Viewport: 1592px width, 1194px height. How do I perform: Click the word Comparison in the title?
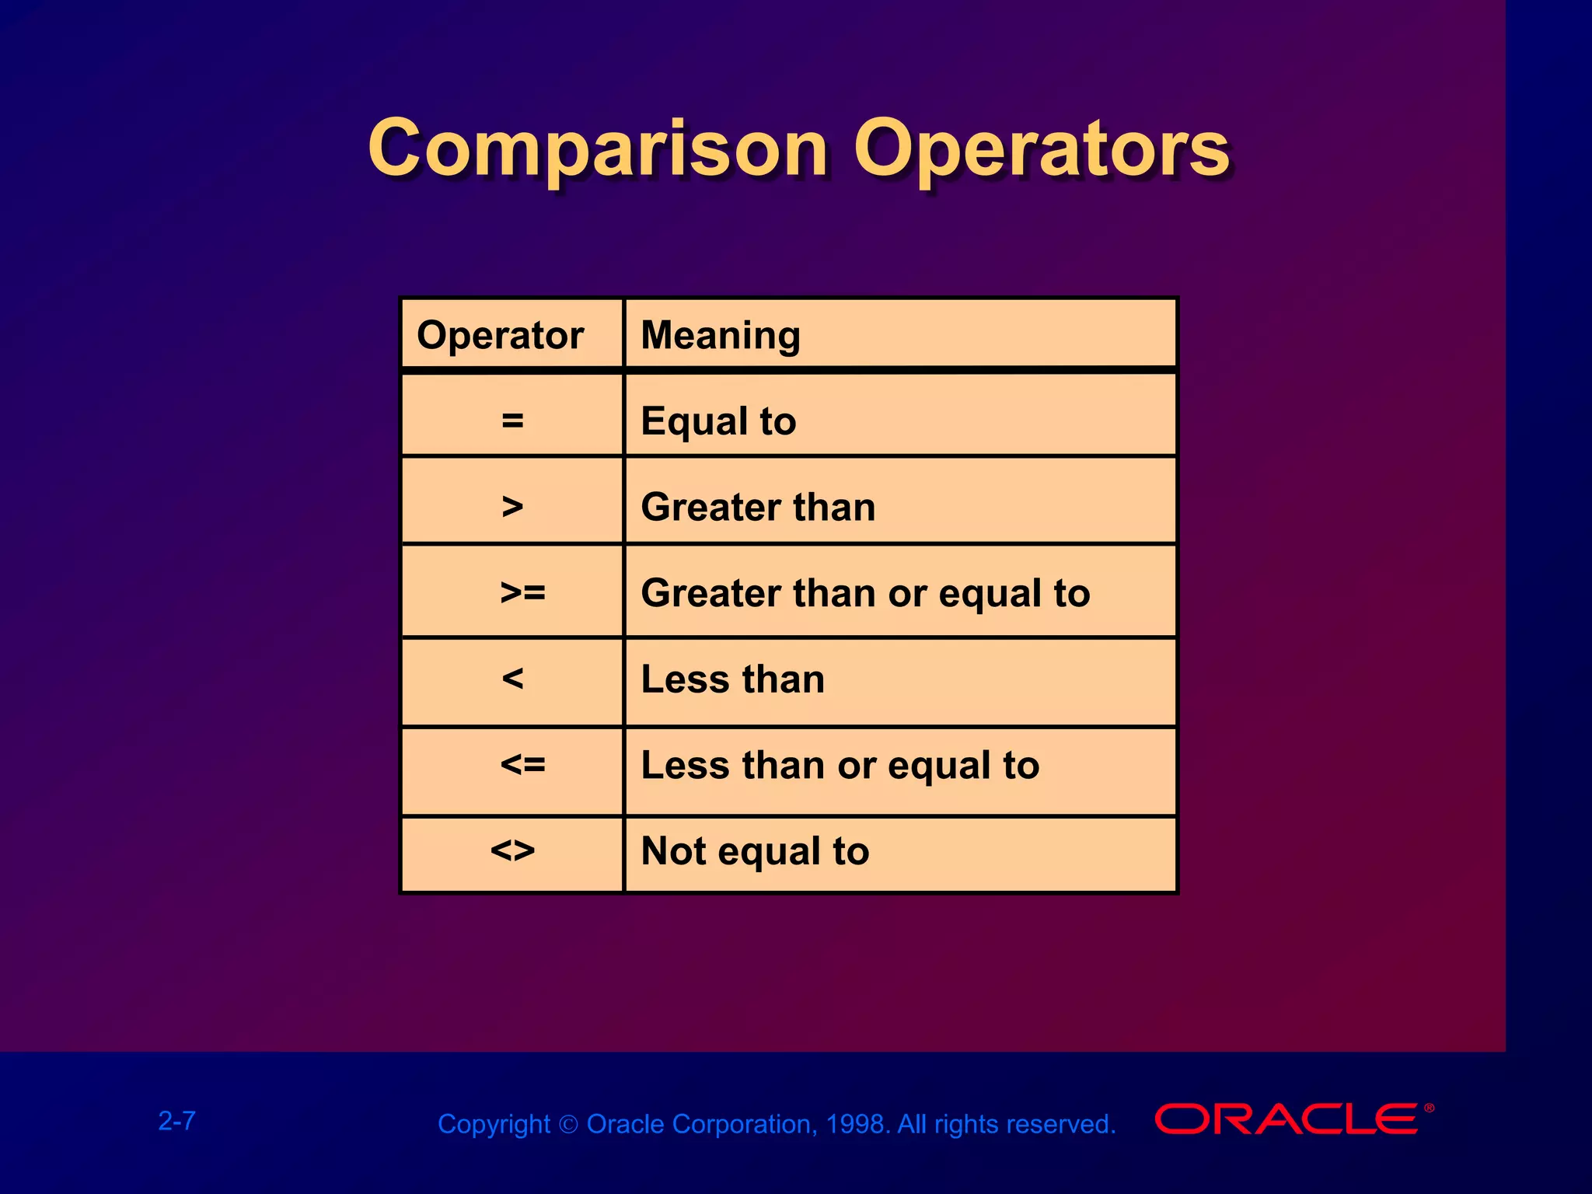(x=597, y=149)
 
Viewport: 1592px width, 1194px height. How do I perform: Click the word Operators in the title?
(x=1042, y=149)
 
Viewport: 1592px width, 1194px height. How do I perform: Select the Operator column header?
(x=500, y=336)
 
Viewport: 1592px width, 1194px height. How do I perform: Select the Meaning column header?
(x=720, y=336)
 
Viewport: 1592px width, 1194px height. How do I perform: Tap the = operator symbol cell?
(x=512, y=421)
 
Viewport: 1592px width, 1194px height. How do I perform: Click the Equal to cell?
(x=718, y=421)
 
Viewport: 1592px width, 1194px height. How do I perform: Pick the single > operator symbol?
(x=512, y=507)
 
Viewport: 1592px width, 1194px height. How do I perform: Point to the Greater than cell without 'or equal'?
(x=758, y=507)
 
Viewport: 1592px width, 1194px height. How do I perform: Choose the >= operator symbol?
(x=522, y=593)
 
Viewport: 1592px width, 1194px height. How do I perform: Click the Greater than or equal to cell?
(x=865, y=593)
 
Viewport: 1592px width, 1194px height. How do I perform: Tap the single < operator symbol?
(x=512, y=679)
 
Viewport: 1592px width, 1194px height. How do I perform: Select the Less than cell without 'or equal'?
(x=732, y=679)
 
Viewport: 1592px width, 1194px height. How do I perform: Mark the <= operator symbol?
(x=522, y=765)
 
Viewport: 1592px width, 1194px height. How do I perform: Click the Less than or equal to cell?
(x=840, y=765)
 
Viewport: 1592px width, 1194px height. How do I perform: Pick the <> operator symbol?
(x=512, y=850)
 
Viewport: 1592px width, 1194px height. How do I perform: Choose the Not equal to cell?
(x=754, y=850)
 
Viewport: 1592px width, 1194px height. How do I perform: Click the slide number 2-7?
(x=177, y=1121)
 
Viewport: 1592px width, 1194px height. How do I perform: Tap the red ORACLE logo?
(x=1287, y=1119)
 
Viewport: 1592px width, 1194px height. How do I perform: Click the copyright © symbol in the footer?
(x=568, y=1125)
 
